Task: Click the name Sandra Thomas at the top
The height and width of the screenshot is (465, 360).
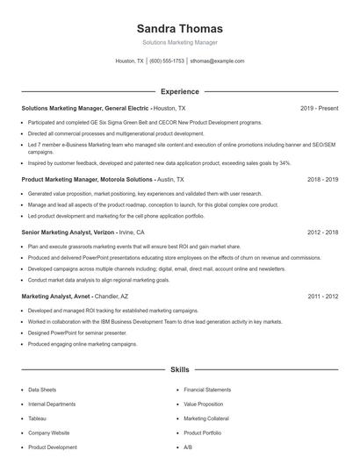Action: coord(179,28)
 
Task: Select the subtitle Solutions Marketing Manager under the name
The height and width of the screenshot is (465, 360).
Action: coord(179,42)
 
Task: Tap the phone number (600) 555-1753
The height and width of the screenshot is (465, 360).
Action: coord(167,61)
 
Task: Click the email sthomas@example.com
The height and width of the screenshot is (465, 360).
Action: coord(217,61)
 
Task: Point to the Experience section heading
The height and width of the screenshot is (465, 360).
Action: coord(179,91)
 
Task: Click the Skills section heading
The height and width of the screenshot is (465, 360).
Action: coord(179,371)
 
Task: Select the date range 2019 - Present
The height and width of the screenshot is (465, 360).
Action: coord(319,108)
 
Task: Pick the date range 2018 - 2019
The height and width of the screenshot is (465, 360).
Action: coord(322,179)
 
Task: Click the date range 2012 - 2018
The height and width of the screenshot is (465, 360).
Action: coord(322,232)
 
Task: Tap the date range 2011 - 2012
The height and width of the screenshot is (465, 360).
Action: coord(322,297)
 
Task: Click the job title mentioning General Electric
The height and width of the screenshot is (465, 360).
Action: coord(85,108)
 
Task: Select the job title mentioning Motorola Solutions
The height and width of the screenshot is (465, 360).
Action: coord(86,179)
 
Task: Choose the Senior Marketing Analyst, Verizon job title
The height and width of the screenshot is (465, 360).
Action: coord(68,232)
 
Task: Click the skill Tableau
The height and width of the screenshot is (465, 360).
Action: coord(39,418)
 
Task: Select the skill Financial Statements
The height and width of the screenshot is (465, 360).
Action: coord(207,390)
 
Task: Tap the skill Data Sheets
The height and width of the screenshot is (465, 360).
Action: coord(42,390)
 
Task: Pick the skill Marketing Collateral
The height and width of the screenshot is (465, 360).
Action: coord(205,418)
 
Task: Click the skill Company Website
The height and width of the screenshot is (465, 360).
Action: coord(48,433)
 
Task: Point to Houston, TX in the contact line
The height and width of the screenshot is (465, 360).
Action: coord(130,61)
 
